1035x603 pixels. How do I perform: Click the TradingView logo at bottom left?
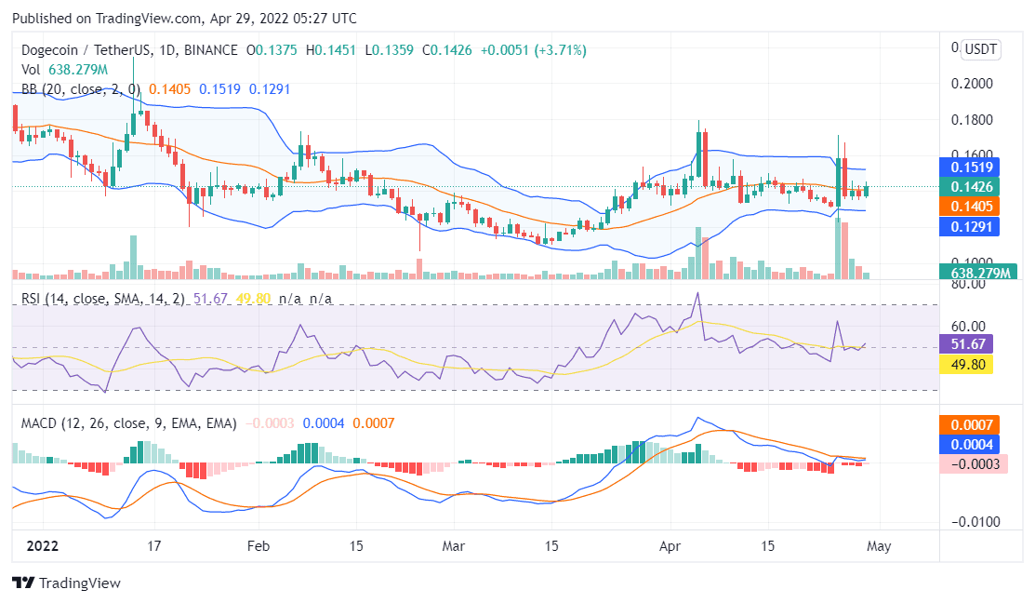pos(66,583)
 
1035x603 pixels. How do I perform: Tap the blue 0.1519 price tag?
pos(972,167)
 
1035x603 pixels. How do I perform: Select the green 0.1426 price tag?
pos(972,187)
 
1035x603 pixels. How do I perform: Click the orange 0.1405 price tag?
pos(972,207)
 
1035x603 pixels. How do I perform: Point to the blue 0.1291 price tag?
pos(972,225)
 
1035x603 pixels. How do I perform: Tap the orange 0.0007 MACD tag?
pos(972,424)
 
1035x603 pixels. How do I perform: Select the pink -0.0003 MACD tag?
pos(972,463)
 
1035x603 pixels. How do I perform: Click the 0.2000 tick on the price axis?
pos(972,84)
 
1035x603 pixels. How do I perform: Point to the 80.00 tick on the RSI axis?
pos(968,285)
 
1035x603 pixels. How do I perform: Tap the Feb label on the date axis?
pos(258,546)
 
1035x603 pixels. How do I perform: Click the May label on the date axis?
pos(879,546)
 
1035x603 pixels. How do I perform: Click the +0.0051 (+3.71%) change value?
pos(533,50)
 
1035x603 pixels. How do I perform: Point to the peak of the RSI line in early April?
pos(697,293)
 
